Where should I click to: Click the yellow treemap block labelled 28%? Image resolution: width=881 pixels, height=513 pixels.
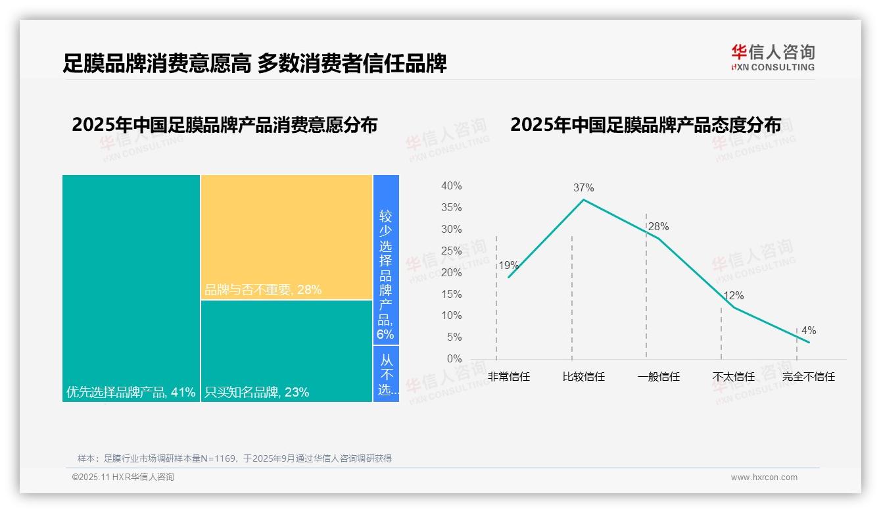click(287, 237)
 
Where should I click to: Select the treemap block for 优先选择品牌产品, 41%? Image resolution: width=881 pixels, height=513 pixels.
click(131, 287)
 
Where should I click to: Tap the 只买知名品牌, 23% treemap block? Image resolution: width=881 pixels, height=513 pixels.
click(287, 351)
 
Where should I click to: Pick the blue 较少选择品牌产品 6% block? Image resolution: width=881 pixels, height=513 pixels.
click(386, 260)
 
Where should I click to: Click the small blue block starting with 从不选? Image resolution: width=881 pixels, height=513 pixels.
click(386, 374)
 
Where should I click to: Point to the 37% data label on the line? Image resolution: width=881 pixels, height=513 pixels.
click(583, 187)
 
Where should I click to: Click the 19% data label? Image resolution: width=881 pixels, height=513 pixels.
click(508, 266)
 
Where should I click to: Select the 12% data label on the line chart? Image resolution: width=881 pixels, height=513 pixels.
click(733, 296)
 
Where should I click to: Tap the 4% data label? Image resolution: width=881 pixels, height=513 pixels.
click(809, 331)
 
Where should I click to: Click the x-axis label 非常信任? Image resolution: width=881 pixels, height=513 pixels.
click(509, 377)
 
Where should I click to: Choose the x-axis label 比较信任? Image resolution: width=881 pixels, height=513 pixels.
click(583, 377)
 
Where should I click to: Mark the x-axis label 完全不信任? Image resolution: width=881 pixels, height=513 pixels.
click(808, 377)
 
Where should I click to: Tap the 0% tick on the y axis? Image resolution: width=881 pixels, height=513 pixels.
click(454, 359)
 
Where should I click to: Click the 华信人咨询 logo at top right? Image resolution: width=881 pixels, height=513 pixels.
click(773, 57)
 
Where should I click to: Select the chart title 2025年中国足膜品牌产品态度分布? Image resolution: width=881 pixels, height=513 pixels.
click(646, 125)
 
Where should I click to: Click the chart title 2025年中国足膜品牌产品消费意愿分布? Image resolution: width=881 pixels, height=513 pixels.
click(225, 125)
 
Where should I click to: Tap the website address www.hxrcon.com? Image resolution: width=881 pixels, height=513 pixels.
click(764, 477)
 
